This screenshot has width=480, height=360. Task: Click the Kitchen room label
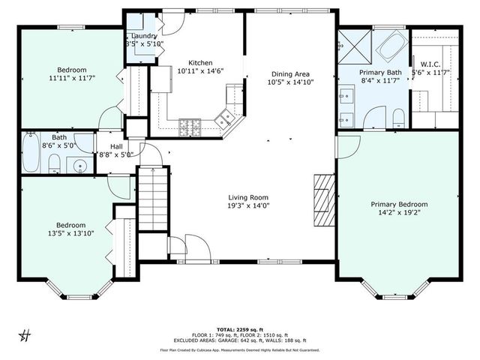(x=200, y=63)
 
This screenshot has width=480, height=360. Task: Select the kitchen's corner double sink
(x=224, y=118)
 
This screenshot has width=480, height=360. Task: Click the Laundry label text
(x=144, y=36)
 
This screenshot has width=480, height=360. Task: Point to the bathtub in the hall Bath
(x=31, y=153)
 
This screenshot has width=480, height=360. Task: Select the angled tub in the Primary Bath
(x=389, y=49)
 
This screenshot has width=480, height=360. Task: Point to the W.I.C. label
(x=430, y=63)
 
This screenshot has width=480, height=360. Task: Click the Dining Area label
(x=290, y=73)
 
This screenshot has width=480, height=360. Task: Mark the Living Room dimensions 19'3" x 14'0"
(x=248, y=207)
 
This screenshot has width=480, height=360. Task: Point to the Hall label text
(x=116, y=146)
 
